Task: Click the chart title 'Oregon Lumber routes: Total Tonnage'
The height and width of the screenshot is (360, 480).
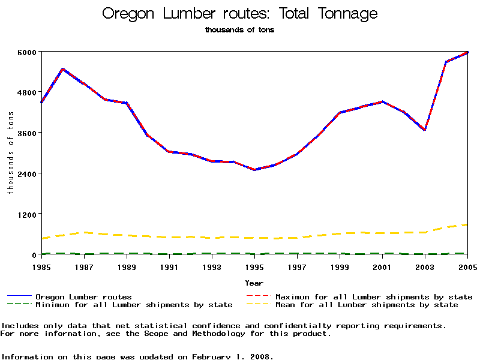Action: click(240, 14)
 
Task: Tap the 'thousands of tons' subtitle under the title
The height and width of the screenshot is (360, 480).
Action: click(239, 30)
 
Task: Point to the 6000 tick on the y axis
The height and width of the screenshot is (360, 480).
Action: click(28, 52)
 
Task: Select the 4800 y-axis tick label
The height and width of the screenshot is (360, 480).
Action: click(28, 92)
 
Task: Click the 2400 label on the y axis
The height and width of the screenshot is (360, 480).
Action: click(28, 173)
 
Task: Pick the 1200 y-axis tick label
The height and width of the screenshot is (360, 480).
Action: click(28, 214)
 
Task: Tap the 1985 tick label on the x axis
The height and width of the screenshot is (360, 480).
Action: click(41, 266)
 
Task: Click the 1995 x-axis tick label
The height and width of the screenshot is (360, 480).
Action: click(254, 266)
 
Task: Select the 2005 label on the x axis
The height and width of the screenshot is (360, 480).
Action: click(467, 266)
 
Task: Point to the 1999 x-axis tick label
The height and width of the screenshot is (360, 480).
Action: click(340, 266)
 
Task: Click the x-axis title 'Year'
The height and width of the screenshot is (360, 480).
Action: click(254, 283)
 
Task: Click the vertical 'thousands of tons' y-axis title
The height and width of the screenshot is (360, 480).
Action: click(10, 153)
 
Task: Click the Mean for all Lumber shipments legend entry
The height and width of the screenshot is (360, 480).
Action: click(366, 305)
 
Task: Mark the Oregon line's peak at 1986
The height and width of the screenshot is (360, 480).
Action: click(62, 69)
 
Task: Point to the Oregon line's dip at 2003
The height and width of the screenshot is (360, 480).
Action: click(425, 130)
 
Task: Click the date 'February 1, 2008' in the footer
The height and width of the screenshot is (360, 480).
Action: click(232, 356)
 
